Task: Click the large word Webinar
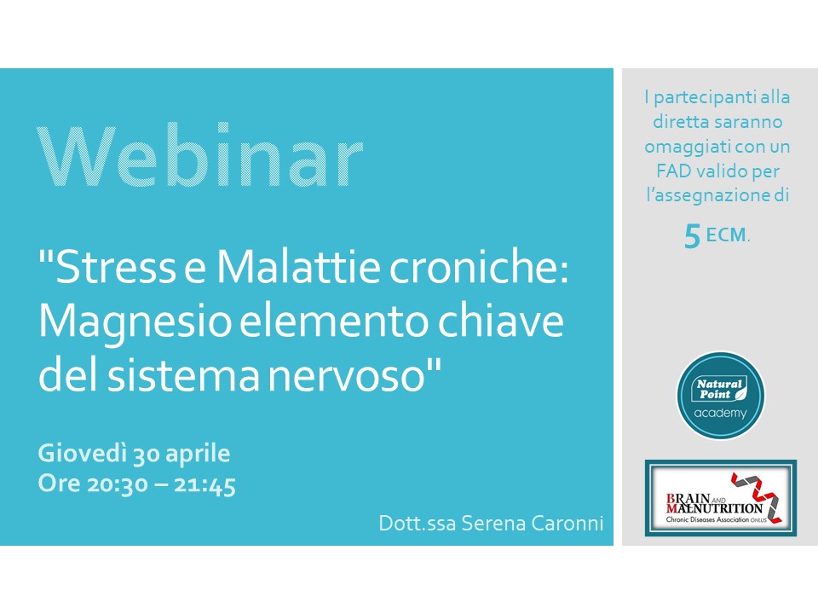(x=200, y=155)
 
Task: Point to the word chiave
(x=501, y=321)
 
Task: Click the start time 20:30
(x=118, y=484)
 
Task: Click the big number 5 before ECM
(x=692, y=236)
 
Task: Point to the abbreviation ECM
(x=726, y=235)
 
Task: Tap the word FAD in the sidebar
(x=673, y=171)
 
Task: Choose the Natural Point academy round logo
(x=721, y=395)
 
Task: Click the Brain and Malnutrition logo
(x=721, y=497)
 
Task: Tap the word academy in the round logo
(x=721, y=414)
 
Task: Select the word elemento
(x=334, y=322)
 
